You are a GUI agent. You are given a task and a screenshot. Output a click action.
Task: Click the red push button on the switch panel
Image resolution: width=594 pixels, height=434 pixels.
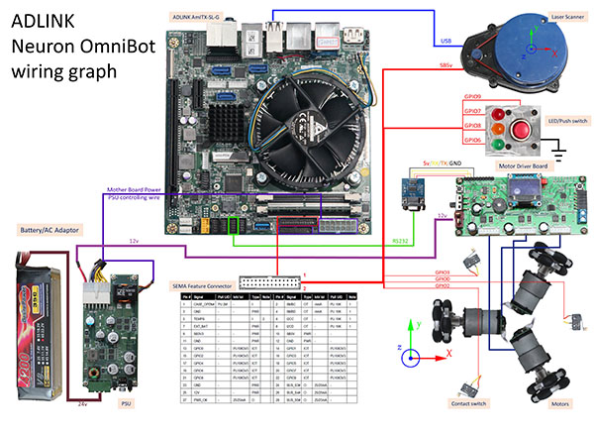pos(521,128)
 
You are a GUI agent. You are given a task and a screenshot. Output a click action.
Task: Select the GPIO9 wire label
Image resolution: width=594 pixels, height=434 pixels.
pos(471,97)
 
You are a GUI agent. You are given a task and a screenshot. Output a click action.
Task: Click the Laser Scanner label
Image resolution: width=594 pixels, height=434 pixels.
pos(556,17)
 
